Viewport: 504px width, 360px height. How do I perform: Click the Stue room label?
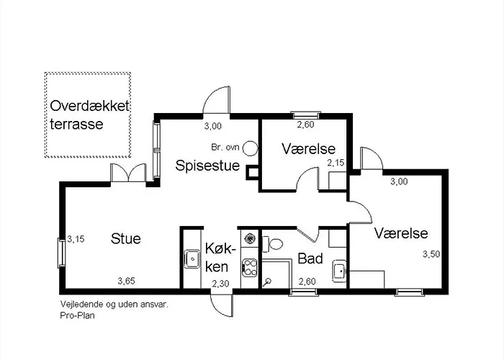click(126, 239)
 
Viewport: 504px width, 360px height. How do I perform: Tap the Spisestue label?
click(207, 166)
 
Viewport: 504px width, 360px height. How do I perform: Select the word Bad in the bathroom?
click(310, 258)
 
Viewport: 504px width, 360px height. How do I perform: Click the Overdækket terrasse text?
click(89, 115)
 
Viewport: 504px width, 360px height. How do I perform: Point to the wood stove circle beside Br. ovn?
click(250, 148)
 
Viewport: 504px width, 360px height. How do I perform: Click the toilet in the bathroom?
click(273, 244)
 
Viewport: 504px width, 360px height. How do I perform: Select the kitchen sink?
click(192, 258)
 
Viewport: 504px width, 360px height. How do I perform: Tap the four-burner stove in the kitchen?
click(250, 268)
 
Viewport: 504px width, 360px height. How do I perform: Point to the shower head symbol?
click(267, 282)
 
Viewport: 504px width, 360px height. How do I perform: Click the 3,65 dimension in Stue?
click(126, 282)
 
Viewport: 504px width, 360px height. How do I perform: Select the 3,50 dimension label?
click(431, 254)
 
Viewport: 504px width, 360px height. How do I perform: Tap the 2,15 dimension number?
click(336, 163)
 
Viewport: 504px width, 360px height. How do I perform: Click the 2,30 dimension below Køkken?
click(220, 284)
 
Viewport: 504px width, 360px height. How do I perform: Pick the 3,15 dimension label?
click(76, 239)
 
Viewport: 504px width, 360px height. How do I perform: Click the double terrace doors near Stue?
click(128, 174)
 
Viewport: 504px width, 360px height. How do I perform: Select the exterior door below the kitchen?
click(222, 305)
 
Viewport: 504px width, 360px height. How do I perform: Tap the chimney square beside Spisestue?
click(252, 173)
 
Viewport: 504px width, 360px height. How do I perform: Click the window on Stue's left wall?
click(61, 253)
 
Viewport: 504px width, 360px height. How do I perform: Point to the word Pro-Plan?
click(78, 315)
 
